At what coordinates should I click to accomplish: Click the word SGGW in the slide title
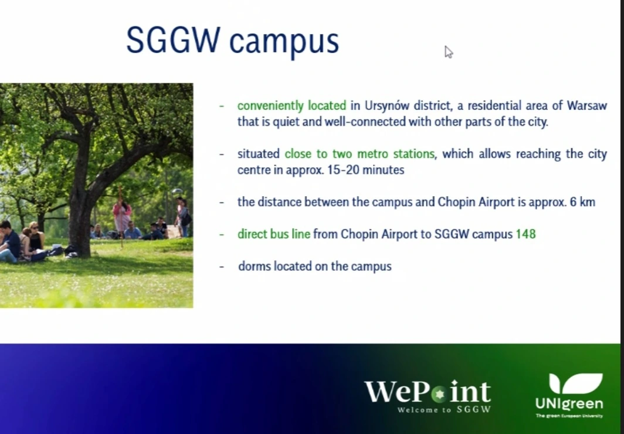pos(173,41)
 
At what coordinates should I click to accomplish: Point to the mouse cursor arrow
pos(449,52)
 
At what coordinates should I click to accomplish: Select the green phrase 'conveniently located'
pos(291,106)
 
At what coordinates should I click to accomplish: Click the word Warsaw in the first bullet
pos(587,106)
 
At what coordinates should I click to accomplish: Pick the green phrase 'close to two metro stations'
pos(360,154)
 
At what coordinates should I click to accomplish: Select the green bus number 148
pos(525,234)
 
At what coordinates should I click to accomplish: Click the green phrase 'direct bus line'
pos(274,234)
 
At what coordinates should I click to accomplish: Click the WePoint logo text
pos(428,392)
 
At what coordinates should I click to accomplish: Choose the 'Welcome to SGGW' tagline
pos(444,410)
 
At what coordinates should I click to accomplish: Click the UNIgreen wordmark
pos(569,403)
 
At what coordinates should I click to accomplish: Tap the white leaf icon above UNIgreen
pos(575,383)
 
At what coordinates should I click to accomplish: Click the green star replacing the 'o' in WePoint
pos(439,394)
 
